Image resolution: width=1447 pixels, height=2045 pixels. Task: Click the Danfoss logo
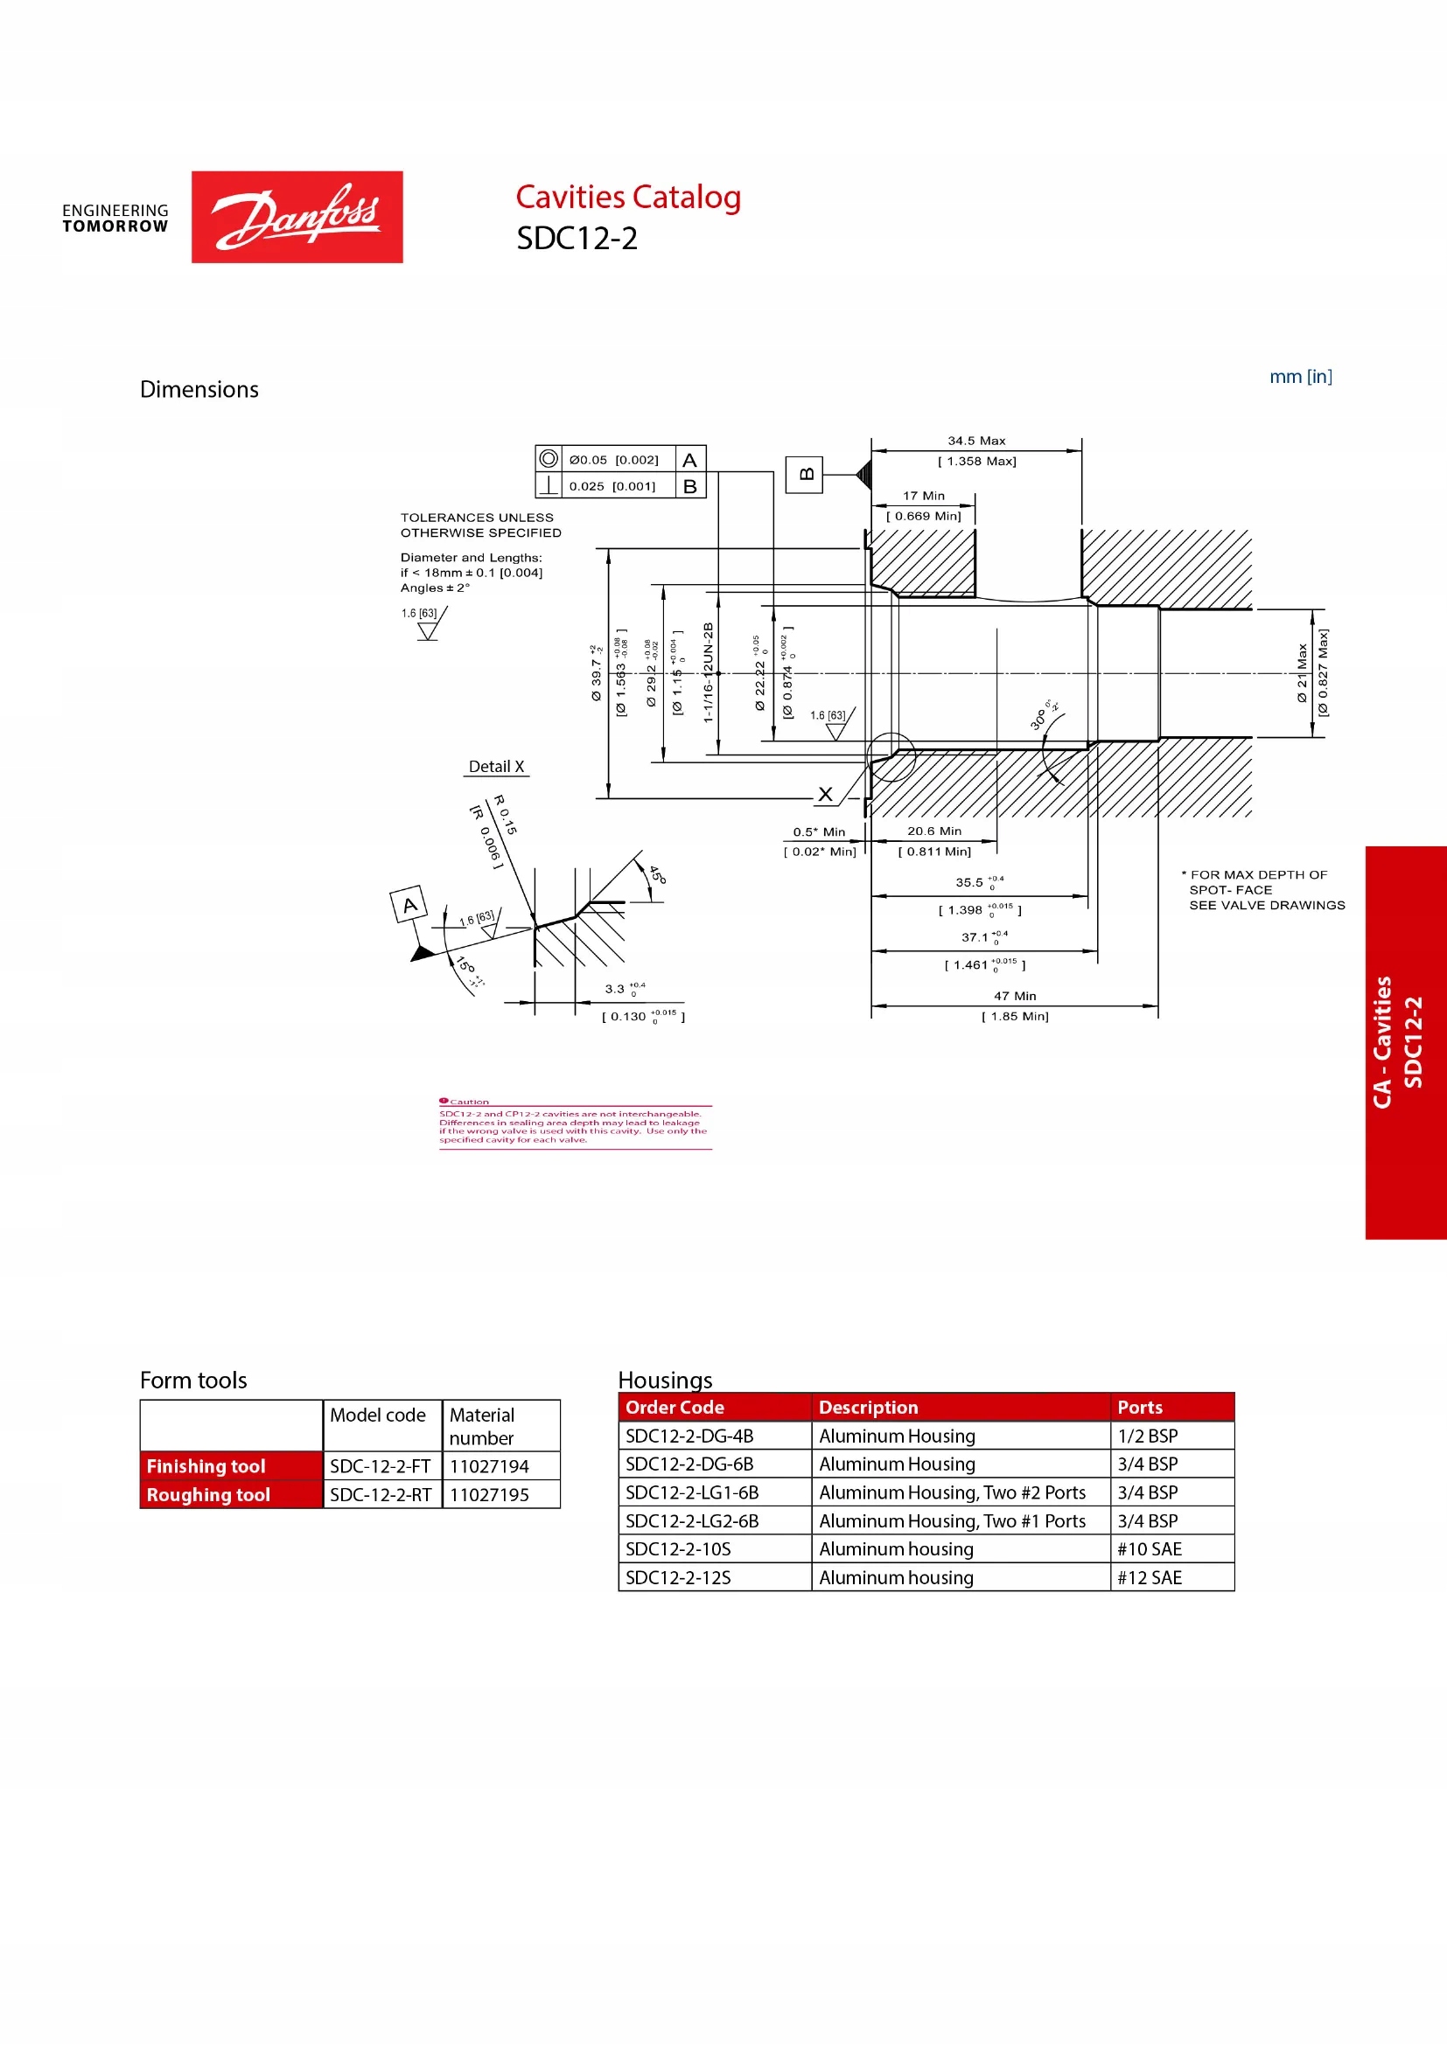click(x=297, y=217)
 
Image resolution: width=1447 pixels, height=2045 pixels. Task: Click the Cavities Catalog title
click(x=628, y=197)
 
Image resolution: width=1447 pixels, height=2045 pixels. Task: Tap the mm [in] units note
click(x=1300, y=377)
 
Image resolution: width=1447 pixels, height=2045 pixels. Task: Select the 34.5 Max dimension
click(x=975, y=441)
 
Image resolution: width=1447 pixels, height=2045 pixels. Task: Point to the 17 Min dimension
click(x=923, y=496)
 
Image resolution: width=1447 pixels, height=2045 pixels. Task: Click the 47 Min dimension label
click(x=1015, y=996)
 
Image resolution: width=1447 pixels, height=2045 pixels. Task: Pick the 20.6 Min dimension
click(x=933, y=831)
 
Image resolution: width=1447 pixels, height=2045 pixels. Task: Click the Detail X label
click(x=496, y=767)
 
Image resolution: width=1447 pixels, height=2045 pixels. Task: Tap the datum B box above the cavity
click(x=804, y=475)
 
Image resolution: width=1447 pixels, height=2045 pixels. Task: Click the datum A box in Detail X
click(x=409, y=905)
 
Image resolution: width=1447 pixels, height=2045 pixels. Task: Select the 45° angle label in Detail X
click(x=657, y=874)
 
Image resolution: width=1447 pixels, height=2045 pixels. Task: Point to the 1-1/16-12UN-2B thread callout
click(x=709, y=671)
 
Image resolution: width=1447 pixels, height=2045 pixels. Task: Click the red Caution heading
click(x=469, y=1102)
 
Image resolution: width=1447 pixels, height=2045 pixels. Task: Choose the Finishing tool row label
click(x=206, y=1466)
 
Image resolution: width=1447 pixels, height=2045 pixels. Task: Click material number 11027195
click(x=489, y=1494)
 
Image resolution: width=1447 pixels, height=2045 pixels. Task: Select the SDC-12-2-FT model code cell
click(x=381, y=1466)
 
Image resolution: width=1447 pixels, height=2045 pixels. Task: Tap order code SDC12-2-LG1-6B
click(x=691, y=1492)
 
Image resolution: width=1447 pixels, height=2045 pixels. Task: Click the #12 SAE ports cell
click(x=1150, y=1577)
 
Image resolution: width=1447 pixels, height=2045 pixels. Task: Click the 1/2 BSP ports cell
click(x=1148, y=1436)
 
